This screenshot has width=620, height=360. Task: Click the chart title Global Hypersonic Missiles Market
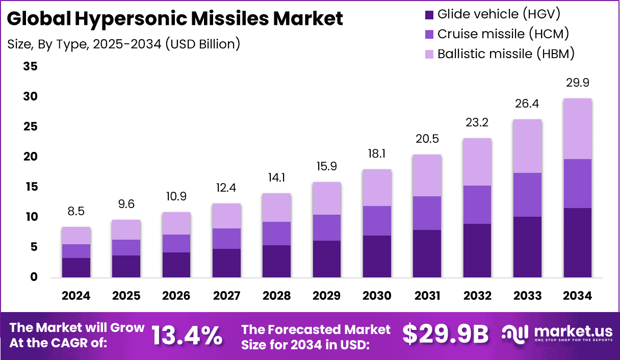(175, 19)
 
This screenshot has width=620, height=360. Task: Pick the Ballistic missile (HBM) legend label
(506, 53)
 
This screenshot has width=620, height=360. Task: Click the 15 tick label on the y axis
(31, 187)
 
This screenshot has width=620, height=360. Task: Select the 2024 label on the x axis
(76, 296)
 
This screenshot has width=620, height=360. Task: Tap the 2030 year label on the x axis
(377, 296)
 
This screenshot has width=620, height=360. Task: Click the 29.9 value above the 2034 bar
(577, 83)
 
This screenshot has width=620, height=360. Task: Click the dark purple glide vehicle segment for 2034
(577, 243)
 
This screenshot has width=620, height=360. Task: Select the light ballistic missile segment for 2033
(527, 146)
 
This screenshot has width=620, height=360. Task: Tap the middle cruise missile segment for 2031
(427, 213)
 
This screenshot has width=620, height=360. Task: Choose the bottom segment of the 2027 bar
(226, 263)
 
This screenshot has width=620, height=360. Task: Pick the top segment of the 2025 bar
(126, 229)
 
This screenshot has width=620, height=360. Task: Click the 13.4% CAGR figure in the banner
(187, 335)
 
